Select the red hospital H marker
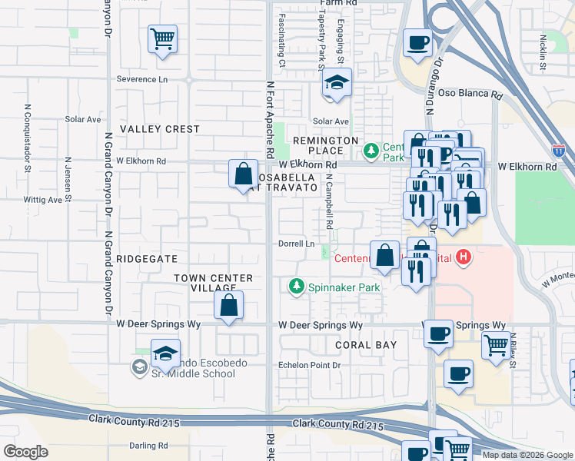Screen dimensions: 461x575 point(463,257)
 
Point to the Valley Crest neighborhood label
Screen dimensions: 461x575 point(160,129)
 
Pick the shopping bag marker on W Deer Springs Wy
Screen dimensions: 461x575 point(229,305)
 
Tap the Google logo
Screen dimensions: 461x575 point(25,452)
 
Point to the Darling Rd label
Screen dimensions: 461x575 point(148,445)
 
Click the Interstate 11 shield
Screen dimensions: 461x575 point(558,151)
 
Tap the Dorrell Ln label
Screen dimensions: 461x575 point(297,244)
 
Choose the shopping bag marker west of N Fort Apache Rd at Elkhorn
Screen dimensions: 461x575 point(243,173)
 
